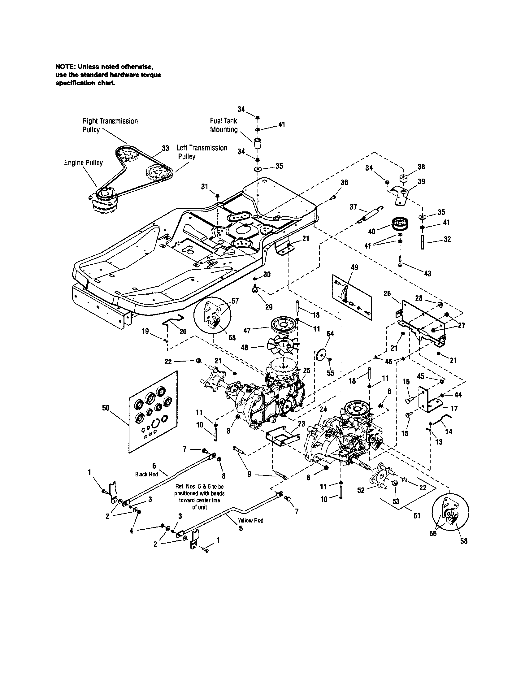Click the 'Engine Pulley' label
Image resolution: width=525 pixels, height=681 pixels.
(83, 163)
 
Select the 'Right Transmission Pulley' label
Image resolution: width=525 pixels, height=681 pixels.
(110, 125)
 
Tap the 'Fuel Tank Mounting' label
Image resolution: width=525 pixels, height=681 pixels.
(223, 125)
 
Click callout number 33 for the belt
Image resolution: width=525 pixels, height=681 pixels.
(165, 148)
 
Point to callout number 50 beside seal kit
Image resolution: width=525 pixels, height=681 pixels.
(106, 408)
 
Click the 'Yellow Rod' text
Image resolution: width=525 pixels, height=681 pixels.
(250, 520)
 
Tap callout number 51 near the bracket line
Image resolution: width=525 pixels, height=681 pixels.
(417, 516)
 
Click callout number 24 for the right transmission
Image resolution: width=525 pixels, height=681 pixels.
(323, 409)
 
